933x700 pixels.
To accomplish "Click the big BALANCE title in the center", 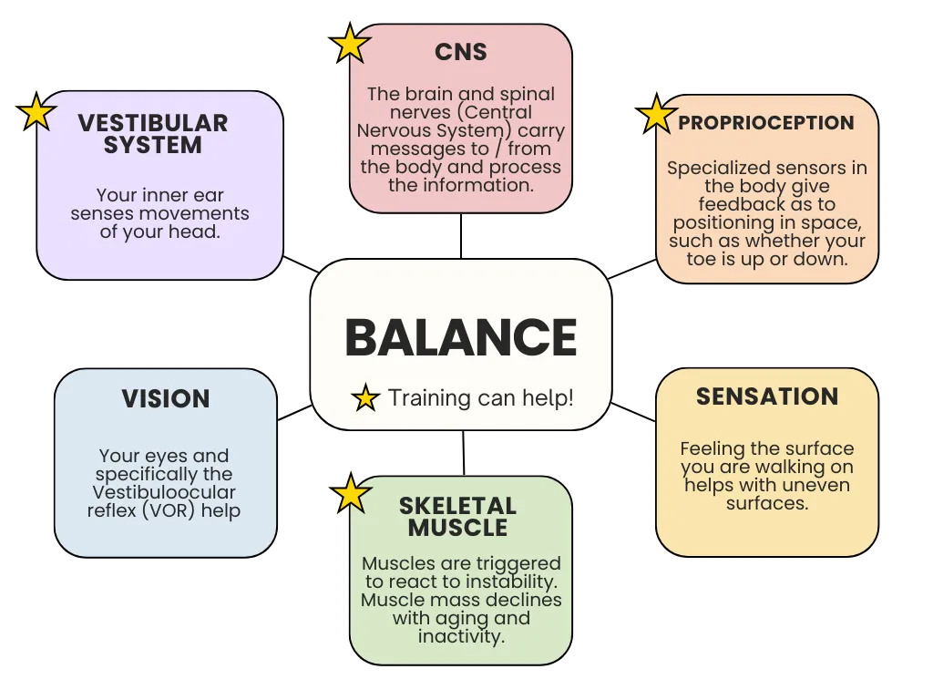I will (461, 337).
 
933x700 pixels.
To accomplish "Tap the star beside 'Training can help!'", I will (365, 398).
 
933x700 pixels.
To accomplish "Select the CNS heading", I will (461, 53).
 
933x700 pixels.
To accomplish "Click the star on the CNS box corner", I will (350, 44).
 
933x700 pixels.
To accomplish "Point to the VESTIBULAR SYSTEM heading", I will (153, 134).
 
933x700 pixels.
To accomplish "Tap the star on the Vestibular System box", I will (36, 111).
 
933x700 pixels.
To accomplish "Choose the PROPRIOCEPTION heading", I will (766, 123).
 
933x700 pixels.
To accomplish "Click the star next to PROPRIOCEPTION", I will (656, 116).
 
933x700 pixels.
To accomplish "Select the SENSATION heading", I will (767, 396).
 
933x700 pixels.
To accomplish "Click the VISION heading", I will (166, 398).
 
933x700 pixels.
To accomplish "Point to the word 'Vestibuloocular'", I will (164, 492).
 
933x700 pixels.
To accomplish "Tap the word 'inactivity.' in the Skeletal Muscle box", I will (461, 636).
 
